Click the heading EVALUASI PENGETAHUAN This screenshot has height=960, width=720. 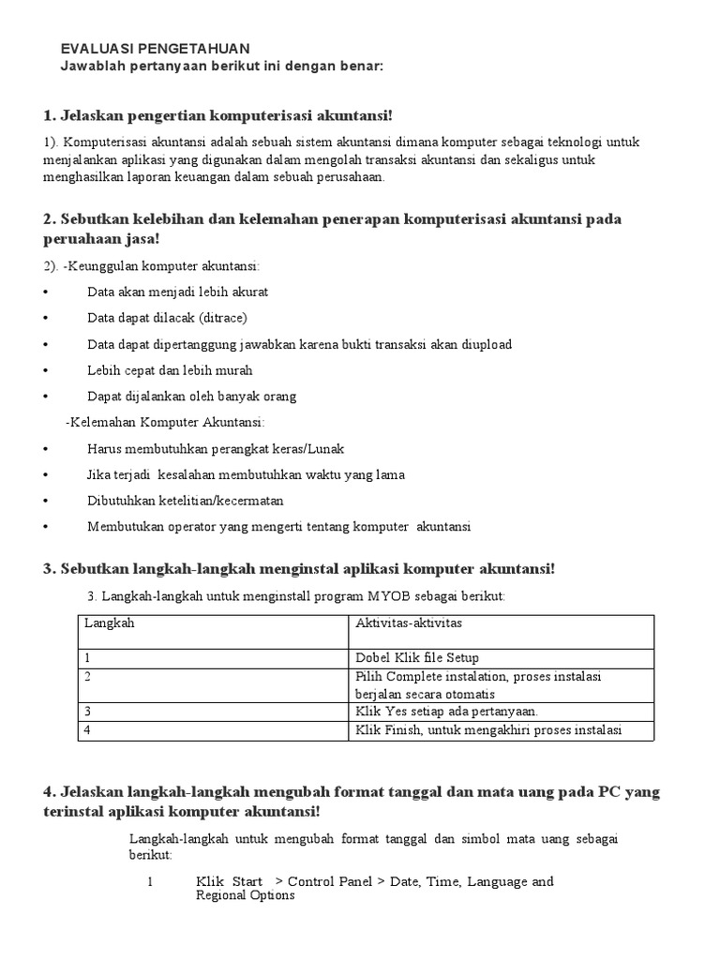pyautogui.click(x=155, y=49)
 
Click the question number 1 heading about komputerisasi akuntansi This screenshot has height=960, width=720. pyautogui.click(x=217, y=115)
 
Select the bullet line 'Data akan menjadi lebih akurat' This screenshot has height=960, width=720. pyautogui.click(x=178, y=292)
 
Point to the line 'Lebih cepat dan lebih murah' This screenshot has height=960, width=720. pyautogui.click(x=170, y=369)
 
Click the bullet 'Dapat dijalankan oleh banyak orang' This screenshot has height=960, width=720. pyautogui.click(x=191, y=396)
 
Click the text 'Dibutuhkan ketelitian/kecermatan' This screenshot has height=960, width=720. pyautogui.click(x=185, y=501)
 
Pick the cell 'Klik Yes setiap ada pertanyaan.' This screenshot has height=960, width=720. pyautogui.click(x=447, y=712)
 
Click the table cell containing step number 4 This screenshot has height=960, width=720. pyautogui.click(x=88, y=730)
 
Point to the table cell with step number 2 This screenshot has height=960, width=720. pyautogui.click(x=88, y=676)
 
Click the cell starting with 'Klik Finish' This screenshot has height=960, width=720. pyautogui.click(x=489, y=730)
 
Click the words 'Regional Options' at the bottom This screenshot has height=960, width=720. pyautogui.click(x=246, y=895)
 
